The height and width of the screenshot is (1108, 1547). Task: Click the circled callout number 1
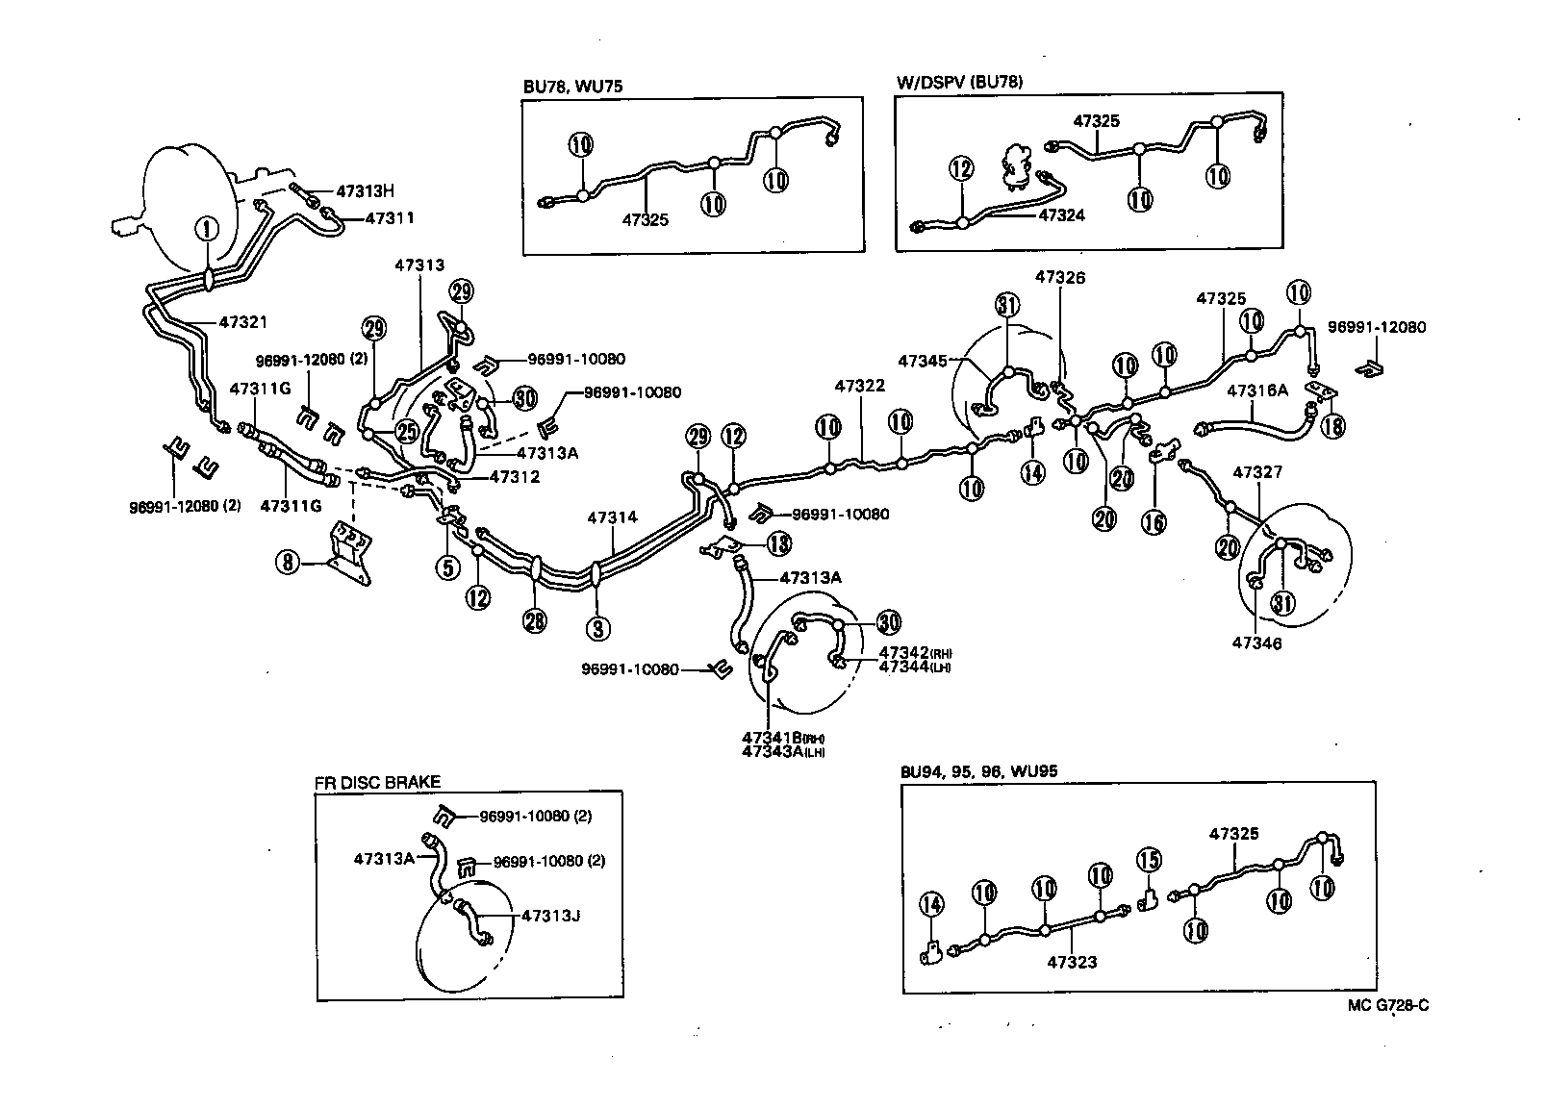click(x=208, y=229)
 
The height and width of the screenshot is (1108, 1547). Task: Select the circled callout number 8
click(x=288, y=562)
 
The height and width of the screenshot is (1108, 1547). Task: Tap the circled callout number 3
click(x=598, y=629)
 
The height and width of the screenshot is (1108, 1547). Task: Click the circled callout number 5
click(x=447, y=567)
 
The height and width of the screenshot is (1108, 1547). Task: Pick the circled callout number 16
click(x=1154, y=521)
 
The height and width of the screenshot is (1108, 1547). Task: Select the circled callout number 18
click(x=1332, y=426)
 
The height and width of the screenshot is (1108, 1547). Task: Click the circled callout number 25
click(x=409, y=432)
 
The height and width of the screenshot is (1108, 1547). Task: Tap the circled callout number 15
click(x=1149, y=860)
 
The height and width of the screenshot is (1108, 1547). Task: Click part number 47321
click(x=243, y=323)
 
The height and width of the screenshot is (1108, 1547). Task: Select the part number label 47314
click(x=612, y=517)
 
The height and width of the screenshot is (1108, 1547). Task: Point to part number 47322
click(x=859, y=385)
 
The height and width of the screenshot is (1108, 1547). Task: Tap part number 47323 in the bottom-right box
click(x=1072, y=961)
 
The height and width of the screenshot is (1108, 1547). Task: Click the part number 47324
click(x=1061, y=215)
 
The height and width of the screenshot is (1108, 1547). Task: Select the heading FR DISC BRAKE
click(x=377, y=783)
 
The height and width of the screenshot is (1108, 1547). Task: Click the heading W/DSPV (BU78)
click(x=959, y=82)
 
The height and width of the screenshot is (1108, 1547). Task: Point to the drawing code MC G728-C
click(x=1387, y=1006)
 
